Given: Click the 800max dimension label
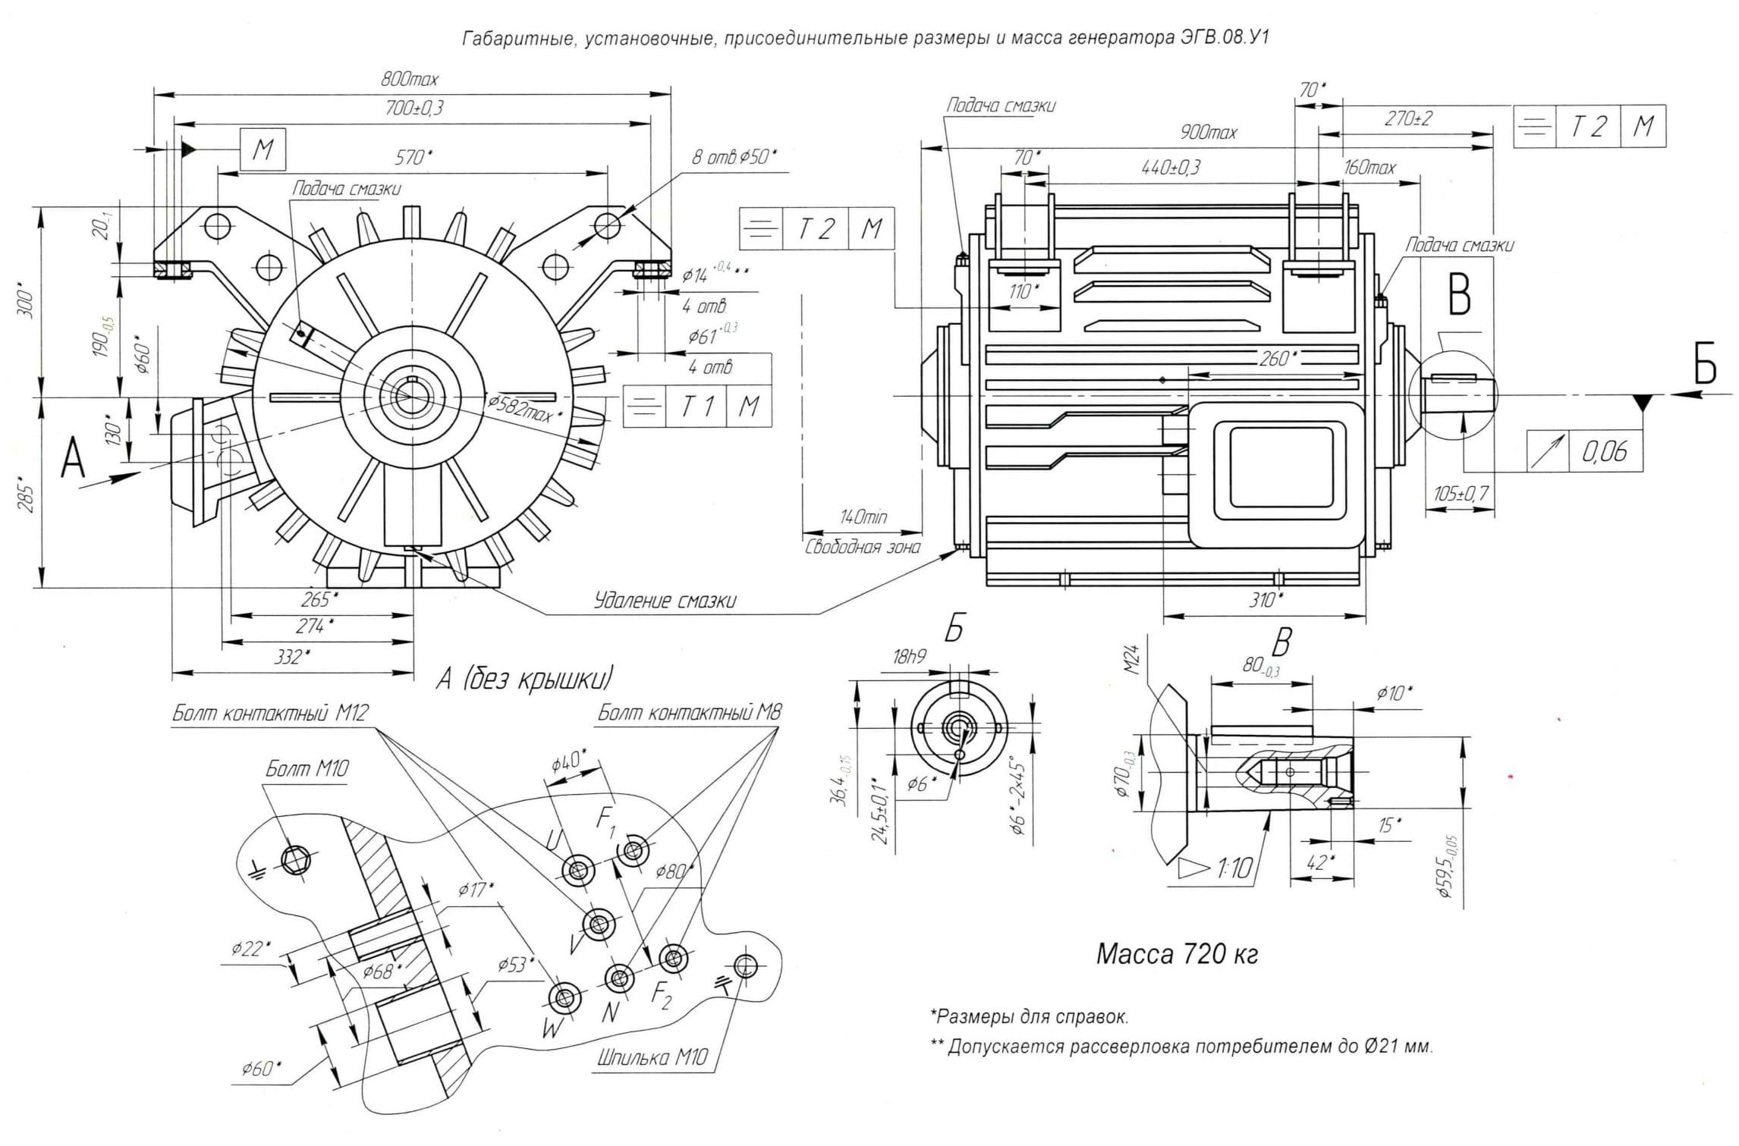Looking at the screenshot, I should [x=410, y=79].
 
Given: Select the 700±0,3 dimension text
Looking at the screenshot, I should [x=414, y=108].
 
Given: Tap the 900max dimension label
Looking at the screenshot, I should [x=1208, y=132].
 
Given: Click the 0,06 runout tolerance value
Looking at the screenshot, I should [x=1604, y=452].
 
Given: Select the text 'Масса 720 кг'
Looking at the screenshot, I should [x=1177, y=954].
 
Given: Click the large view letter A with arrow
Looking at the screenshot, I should [x=73, y=459].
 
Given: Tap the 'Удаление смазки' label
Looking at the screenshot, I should [x=665, y=601].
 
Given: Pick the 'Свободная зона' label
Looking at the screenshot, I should [x=863, y=547].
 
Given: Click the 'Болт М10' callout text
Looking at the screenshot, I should [x=307, y=769].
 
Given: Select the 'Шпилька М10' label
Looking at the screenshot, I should [x=652, y=1057].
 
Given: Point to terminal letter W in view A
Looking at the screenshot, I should [x=551, y=1029].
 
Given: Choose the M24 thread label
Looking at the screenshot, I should [x=1131, y=660].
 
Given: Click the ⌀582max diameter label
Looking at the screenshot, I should [x=524, y=410].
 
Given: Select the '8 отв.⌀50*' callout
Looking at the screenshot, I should [x=734, y=157].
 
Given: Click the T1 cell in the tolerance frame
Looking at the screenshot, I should [x=696, y=407].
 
